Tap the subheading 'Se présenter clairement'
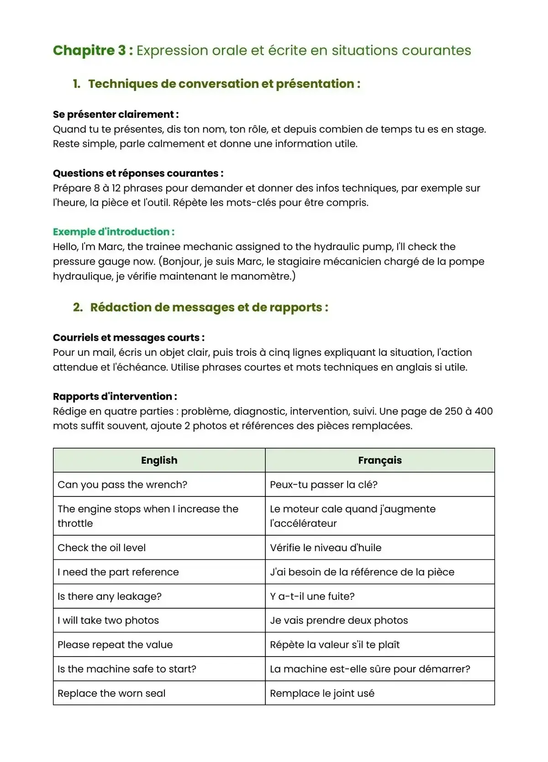(115, 115)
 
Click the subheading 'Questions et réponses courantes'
(137, 173)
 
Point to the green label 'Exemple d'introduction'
(113, 232)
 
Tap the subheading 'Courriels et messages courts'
(128, 338)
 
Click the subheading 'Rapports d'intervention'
(115, 397)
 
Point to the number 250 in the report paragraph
(453, 411)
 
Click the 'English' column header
(159, 460)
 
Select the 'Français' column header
(379, 460)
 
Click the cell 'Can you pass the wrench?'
(122, 485)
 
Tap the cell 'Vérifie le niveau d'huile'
(326, 548)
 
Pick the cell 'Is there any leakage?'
(110, 596)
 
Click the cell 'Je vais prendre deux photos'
(339, 621)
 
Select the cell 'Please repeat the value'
(115, 645)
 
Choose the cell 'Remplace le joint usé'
(322, 694)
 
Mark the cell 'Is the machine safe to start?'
(127, 669)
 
